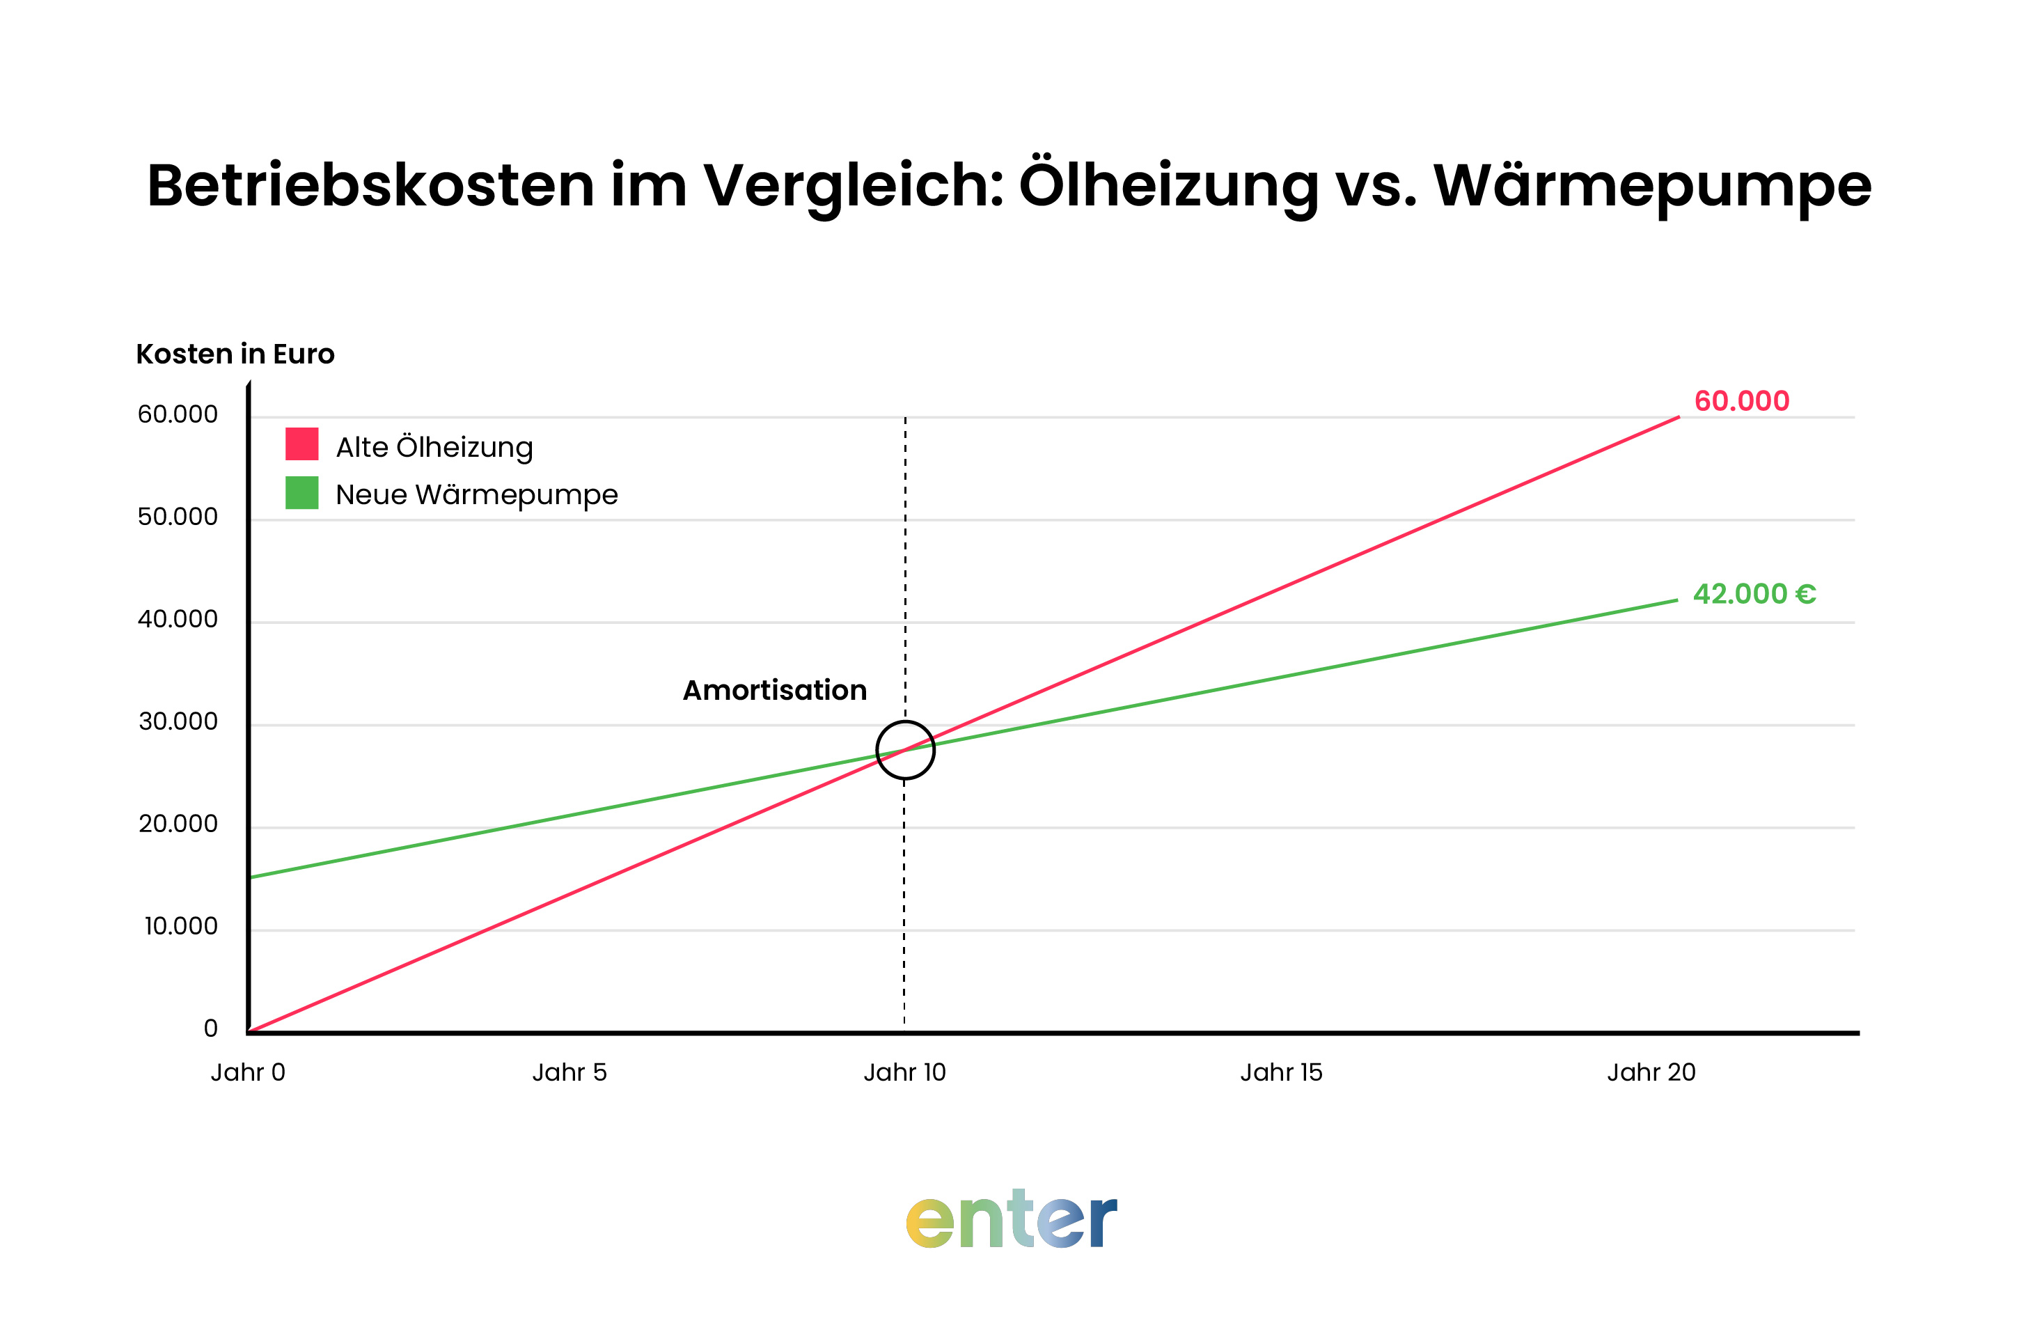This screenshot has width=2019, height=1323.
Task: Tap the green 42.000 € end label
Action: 1754,594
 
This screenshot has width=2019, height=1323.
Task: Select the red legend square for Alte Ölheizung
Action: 301,444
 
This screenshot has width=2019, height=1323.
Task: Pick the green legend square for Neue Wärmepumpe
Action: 301,492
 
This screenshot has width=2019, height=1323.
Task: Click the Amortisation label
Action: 774,690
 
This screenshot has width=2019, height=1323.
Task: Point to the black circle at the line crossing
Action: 905,750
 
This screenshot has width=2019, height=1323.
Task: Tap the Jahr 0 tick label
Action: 248,1072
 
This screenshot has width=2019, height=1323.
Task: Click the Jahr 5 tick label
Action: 569,1072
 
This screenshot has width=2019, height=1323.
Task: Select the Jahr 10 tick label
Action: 904,1072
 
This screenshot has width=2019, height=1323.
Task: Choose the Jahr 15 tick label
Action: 1281,1072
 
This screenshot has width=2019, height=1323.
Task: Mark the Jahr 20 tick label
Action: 1651,1072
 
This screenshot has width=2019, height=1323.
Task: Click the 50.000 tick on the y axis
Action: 178,517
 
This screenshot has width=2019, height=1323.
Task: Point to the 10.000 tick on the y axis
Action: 181,926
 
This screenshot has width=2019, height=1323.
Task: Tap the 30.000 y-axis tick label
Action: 178,721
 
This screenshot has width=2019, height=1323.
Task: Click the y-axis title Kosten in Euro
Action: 235,354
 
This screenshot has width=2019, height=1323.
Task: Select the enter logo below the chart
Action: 1011,1219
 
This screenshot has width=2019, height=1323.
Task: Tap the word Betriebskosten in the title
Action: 370,185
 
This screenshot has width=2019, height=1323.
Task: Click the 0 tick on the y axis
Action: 210,1028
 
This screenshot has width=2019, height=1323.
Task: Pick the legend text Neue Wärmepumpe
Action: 477,495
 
